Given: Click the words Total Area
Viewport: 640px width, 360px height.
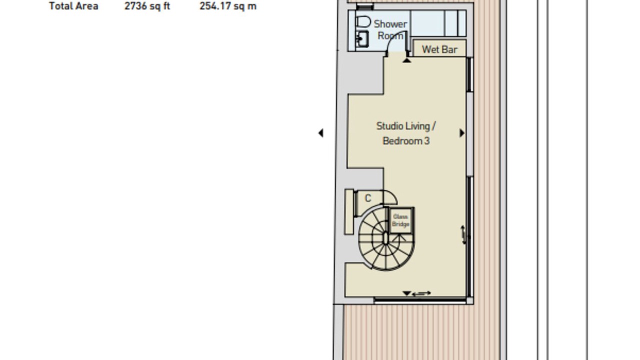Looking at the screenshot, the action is tap(73, 6).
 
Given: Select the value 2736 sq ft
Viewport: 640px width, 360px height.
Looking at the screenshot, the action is tap(147, 6).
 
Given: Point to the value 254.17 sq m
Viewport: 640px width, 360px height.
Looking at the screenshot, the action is tap(227, 6).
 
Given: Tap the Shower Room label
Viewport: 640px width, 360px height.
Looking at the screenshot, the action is tap(390, 29).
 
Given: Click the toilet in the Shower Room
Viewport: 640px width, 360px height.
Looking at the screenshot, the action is tap(363, 21).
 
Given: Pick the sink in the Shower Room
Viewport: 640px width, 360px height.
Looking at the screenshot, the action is tap(361, 39).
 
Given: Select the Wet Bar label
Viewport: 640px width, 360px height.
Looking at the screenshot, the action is tap(439, 49).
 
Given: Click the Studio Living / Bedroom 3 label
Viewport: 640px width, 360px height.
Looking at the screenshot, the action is tap(406, 133).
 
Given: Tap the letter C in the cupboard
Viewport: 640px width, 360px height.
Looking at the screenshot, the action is tap(368, 198).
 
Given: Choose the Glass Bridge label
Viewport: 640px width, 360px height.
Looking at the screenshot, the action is tap(400, 220).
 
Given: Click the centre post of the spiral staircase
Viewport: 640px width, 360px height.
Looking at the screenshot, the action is tap(385, 238).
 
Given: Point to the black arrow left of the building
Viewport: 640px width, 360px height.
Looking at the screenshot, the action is tap(321, 133).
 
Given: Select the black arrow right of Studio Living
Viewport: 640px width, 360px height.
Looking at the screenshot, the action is tap(461, 133).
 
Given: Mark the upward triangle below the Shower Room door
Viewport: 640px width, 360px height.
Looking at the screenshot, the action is tap(407, 60).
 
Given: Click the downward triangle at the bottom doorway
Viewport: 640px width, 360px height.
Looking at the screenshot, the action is tap(406, 293).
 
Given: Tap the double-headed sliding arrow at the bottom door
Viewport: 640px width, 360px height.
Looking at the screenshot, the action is tap(421, 293).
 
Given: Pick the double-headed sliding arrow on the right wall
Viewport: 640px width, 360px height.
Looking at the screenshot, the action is tap(464, 235).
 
